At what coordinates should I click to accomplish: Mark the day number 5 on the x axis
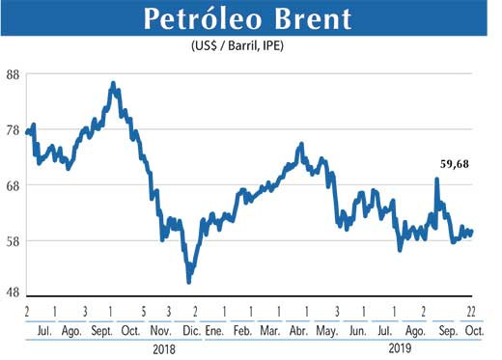(142, 311)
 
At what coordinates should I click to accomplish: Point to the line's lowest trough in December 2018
(189, 281)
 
